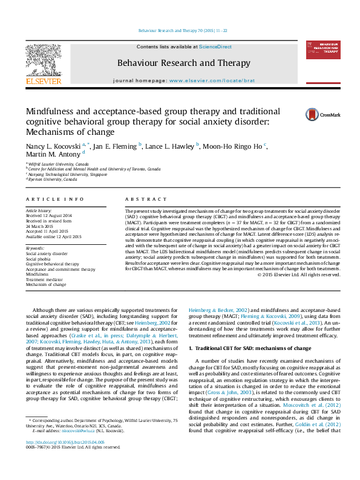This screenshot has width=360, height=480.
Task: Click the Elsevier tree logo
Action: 43,61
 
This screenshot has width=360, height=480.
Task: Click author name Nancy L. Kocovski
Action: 54,146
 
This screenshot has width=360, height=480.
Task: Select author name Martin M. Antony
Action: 52,155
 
